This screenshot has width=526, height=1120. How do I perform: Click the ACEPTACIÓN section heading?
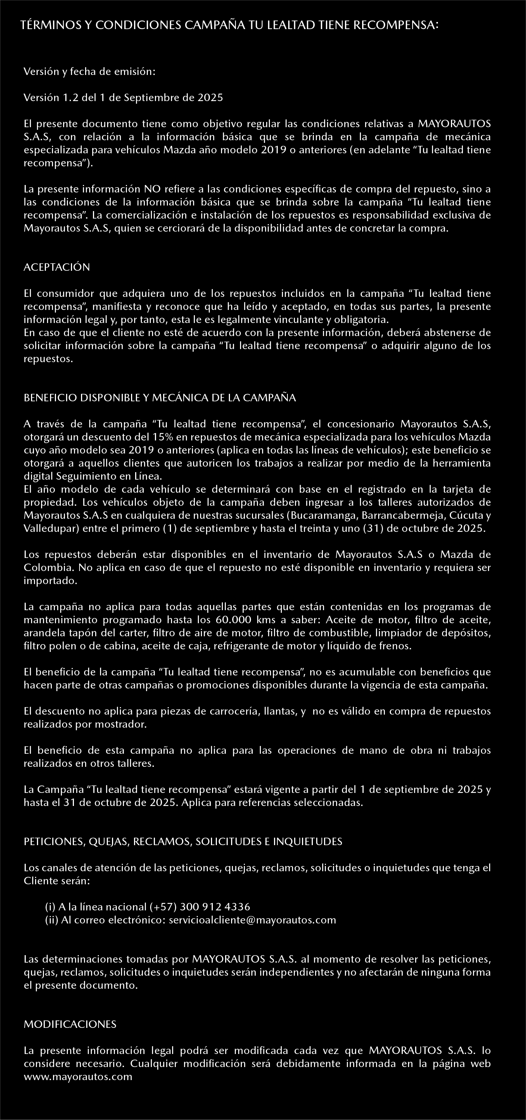coord(57,267)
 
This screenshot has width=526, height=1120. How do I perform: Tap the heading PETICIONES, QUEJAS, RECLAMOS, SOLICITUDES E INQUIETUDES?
coord(183,841)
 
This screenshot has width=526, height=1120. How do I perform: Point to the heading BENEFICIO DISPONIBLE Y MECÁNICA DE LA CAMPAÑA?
coord(160,398)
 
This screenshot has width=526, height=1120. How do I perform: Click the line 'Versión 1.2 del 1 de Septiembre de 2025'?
coord(123,97)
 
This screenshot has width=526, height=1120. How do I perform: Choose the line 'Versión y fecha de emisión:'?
coord(89,72)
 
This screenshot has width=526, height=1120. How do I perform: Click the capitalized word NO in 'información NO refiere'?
coord(150,189)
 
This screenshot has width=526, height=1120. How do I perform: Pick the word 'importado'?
coord(50,581)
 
